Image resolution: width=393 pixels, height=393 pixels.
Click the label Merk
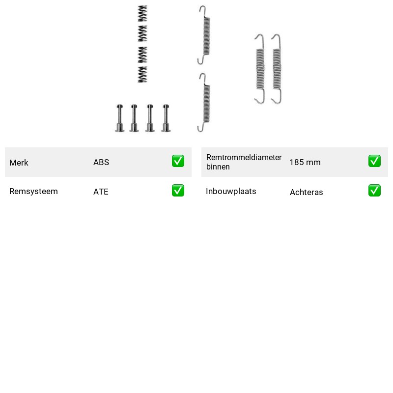(19, 163)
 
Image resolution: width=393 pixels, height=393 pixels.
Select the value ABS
(101, 162)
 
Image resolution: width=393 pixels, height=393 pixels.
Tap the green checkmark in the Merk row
(178, 161)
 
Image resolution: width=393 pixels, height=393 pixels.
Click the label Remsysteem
(33, 191)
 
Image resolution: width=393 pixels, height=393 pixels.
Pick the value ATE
(101, 192)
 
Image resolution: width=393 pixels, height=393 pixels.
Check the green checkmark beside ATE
(178, 191)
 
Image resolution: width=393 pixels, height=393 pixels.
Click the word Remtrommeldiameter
(244, 157)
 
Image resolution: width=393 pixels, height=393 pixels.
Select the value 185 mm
(305, 162)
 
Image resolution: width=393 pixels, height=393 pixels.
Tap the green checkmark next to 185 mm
(374, 161)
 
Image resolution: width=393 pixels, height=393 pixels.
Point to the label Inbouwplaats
(231, 191)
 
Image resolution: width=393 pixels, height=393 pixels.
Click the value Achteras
(306, 192)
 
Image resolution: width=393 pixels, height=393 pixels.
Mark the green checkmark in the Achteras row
(374, 191)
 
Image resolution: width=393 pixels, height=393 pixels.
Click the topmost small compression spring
(142, 14)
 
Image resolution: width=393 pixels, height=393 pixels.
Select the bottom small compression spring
(142, 74)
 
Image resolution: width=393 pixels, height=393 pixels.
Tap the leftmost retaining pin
(120, 118)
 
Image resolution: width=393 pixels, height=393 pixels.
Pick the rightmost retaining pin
(166, 118)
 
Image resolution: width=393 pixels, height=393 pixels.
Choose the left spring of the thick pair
(260, 69)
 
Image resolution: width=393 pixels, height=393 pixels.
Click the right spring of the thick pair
(277, 69)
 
